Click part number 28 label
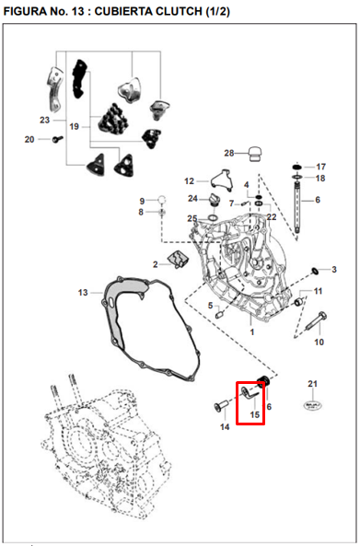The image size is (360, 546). [x=228, y=153]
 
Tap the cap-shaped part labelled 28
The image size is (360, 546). [x=256, y=155]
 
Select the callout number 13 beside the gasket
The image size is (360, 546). [x=83, y=292]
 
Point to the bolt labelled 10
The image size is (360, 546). [x=316, y=321]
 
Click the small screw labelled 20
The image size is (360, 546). [x=57, y=139]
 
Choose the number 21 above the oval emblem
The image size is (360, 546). [x=312, y=383]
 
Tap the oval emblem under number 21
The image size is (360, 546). [x=313, y=405]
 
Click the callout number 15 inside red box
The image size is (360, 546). [x=255, y=414]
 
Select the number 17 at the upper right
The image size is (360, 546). [x=320, y=167]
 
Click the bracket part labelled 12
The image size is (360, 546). [x=222, y=180]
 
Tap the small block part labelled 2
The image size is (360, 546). [x=178, y=259]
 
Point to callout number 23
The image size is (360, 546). [x=44, y=120]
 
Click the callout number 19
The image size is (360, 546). [x=75, y=126]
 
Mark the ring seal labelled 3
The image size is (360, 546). [x=314, y=271]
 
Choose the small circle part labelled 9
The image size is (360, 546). [x=162, y=199]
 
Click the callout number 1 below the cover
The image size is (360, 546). [x=252, y=331]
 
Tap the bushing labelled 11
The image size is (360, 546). [x=298, y=302]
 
